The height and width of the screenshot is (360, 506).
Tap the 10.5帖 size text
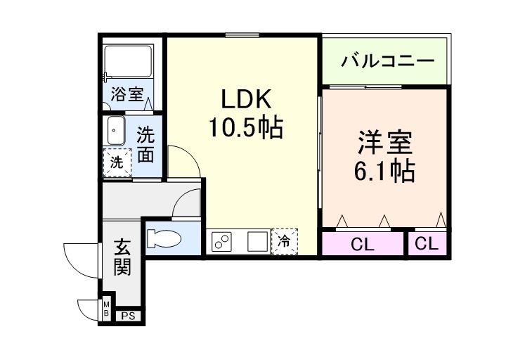244,128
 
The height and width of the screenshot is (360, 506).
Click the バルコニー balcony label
388,62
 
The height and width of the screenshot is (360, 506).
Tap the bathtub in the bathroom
128,64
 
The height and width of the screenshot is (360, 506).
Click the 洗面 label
145,144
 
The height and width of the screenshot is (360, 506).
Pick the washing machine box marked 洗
117,162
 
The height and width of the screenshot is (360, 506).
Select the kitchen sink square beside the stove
257,241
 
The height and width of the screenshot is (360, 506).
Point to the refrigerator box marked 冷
285,241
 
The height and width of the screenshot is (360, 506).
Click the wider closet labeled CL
362,245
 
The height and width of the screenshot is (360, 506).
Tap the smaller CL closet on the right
427,244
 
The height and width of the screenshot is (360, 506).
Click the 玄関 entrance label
123,258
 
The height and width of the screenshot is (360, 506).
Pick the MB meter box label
106,308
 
